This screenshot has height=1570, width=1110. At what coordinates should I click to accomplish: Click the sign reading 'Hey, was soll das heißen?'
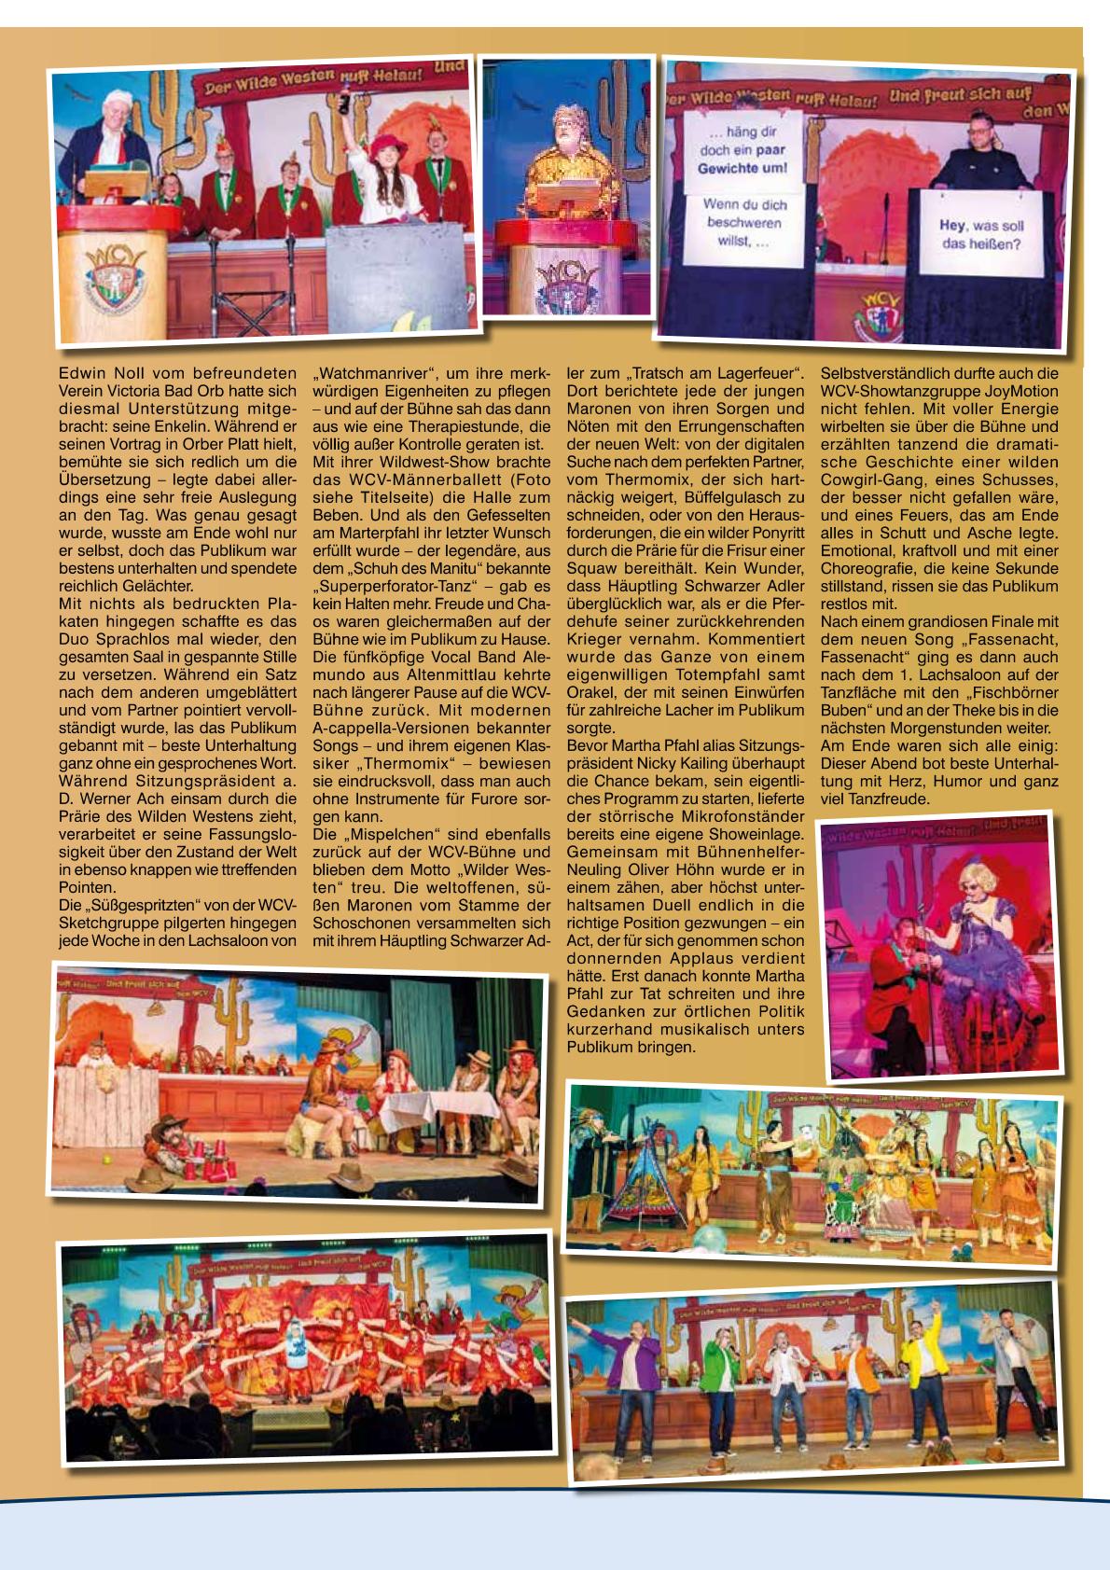[x=981, y=236]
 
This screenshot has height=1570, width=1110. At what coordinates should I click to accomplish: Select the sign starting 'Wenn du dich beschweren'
[x=746, y=224]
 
